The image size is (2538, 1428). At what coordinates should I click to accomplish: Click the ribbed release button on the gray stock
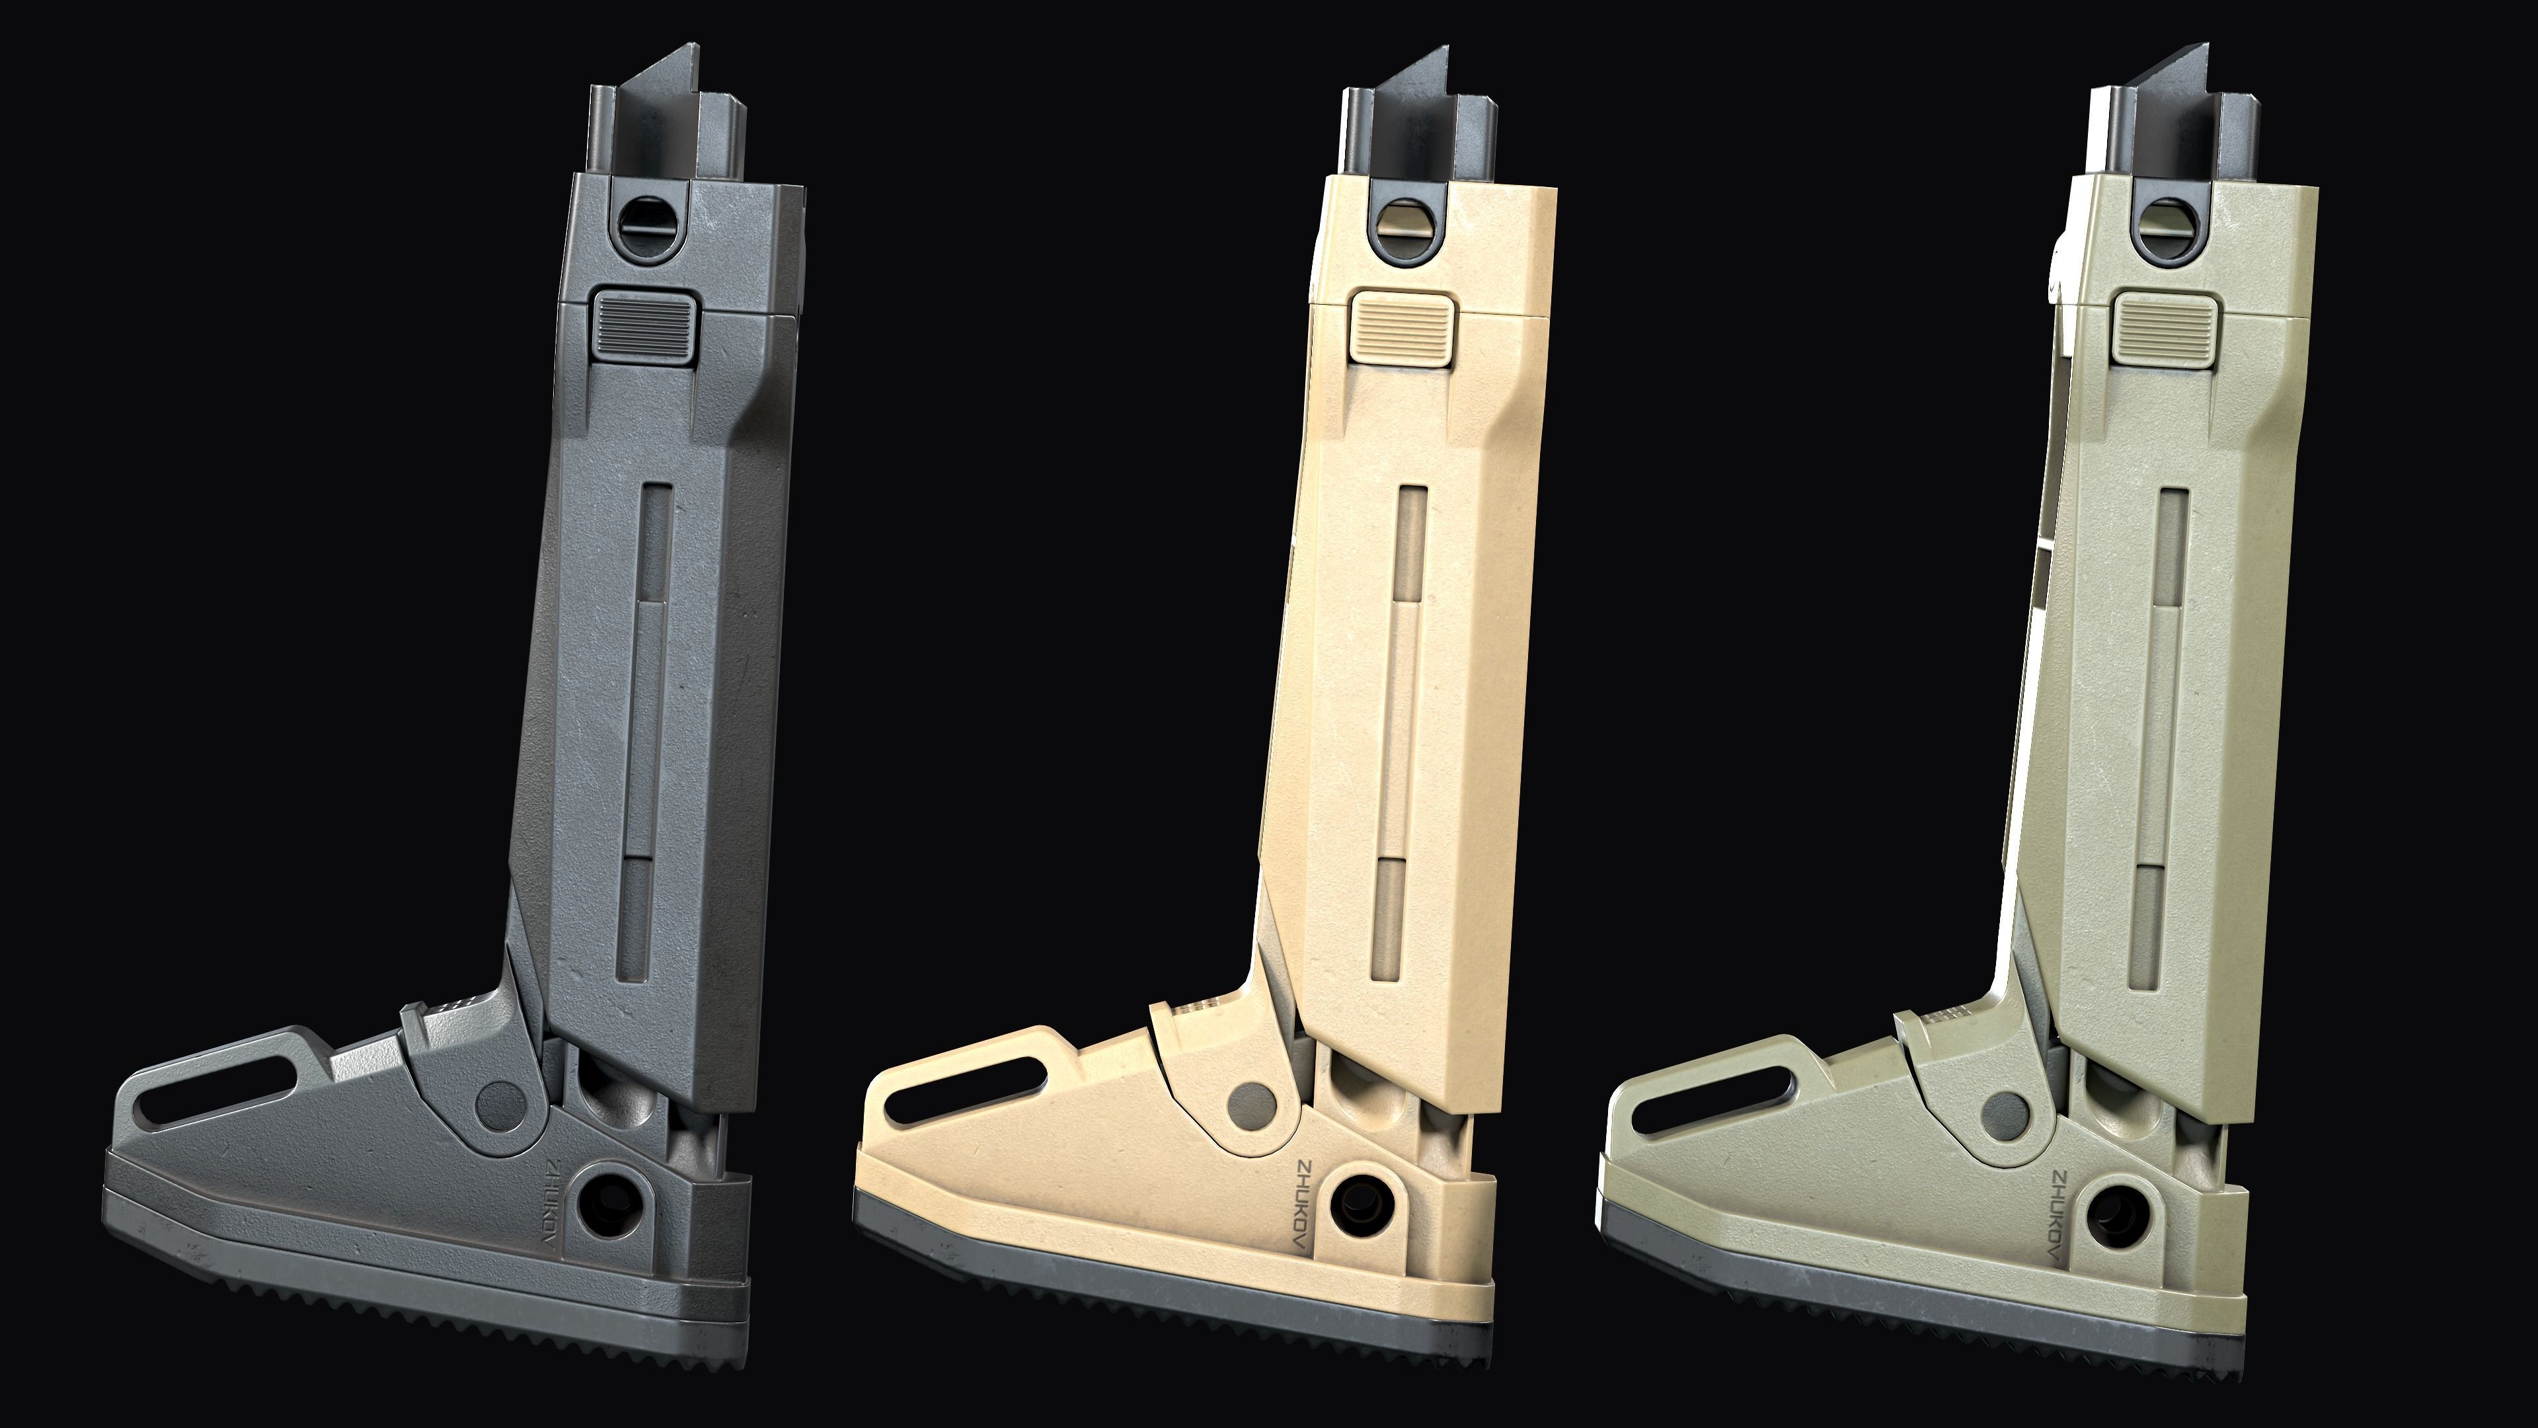(643, 324)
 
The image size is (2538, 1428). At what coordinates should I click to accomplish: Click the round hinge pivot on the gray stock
(500, 1104)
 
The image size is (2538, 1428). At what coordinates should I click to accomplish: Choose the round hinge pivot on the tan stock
(1253, 1104)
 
